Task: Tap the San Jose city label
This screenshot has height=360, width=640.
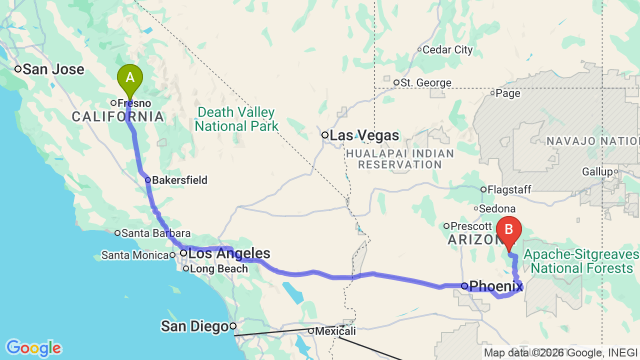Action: pos(53,69)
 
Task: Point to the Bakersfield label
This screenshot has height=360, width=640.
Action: pos(179,180)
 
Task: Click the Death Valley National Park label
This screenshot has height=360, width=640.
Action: pos(236,119)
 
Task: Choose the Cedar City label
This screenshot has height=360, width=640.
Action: pos(447,49)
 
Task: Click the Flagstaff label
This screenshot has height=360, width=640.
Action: pos(509,189)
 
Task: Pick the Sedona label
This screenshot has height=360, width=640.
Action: pos(497,208)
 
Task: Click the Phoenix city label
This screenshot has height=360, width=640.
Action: pos(496,286)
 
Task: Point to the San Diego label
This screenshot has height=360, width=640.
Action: pos(194,326)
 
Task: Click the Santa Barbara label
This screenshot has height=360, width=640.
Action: pos(156,233)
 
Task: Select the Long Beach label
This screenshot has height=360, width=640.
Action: pos(219,269)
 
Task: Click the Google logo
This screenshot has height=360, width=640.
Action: pos(33,348)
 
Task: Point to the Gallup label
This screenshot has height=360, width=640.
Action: pos(597,172)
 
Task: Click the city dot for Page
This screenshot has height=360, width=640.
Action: pos(492,92)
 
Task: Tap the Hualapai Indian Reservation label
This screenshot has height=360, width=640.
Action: pos(399,159)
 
